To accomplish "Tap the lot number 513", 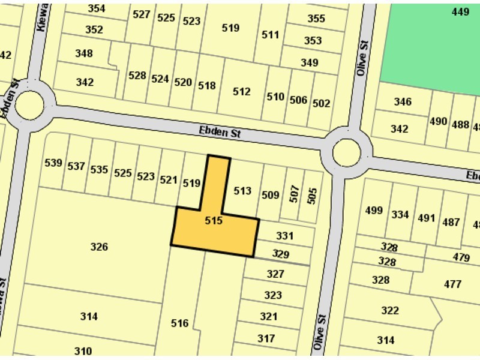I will coord(242,191).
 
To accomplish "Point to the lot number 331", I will coord(284,236).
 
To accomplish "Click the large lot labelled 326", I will coord(99,247).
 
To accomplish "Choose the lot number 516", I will coord(179,323).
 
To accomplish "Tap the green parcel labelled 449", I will coord(460,11).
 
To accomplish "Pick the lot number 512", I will coord(242,92).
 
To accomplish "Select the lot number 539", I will coord(53,163).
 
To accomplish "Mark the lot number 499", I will coord(374,210).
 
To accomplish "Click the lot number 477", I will coord(452,284).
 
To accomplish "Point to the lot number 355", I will coord(316,19).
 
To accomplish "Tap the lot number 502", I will coord(322,103).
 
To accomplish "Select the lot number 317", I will coord(266,338).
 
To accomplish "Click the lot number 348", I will coord(84,53).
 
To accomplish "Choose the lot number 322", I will coord(389,310).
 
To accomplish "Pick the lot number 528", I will coord(137,76).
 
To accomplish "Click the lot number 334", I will coord(400,214).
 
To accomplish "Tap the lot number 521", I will coord(169,179).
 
